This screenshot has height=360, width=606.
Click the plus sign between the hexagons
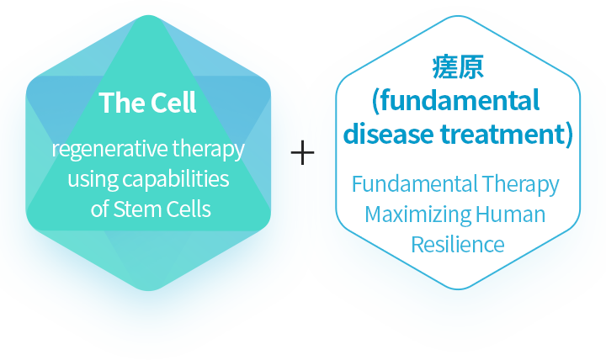click(x=303, y=152)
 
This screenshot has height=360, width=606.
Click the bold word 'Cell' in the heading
click(x=173, y=103)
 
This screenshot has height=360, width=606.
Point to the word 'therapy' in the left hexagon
click(x=209, y=150)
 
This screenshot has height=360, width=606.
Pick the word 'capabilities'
click(x=176, y=179)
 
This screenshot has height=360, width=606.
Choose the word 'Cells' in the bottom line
click(x=189, y=209)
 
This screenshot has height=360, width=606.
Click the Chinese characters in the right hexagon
click(x=458, y=67)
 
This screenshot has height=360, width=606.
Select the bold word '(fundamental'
click(x=455, y=101)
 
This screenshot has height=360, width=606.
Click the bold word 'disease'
click(x=389, y=134)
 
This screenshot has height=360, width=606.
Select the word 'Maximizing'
click(x=417, y=214)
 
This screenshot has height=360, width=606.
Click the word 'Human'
click(x=511, y=214)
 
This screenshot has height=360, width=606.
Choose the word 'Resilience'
click(x=458, y=245)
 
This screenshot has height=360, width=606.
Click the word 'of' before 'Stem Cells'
click(x=99, y=209)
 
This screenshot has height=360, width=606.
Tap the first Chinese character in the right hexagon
click(x=445, y=67)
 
